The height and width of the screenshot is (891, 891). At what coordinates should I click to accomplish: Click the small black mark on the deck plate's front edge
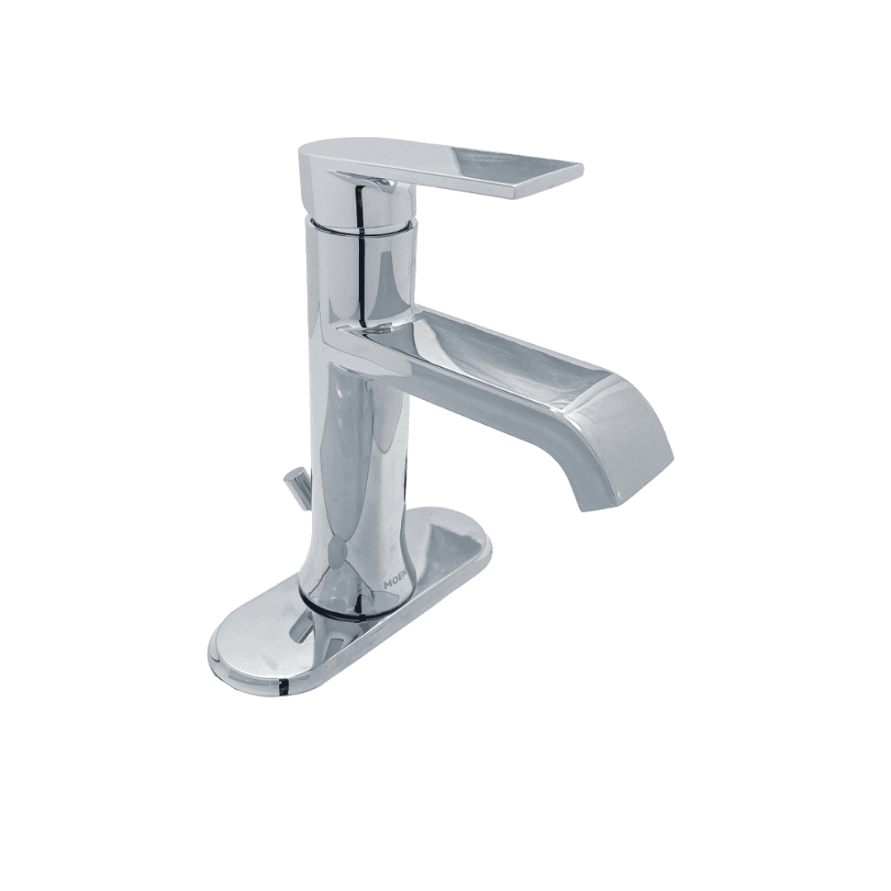[284, 683]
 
